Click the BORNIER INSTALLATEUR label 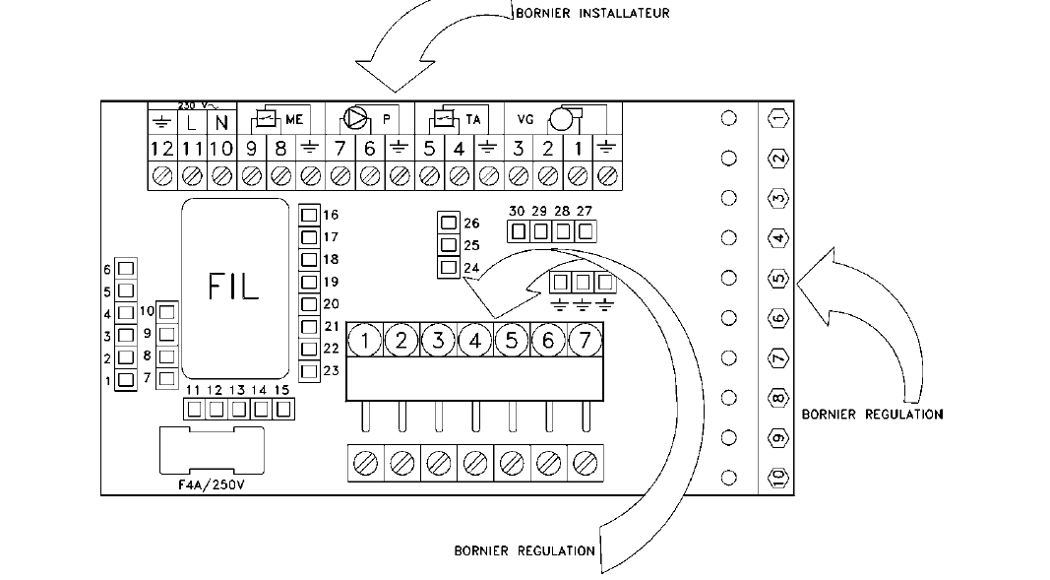pyautogui.click(x=592, y=13)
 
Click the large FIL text pyautogui.click(x=233, y=286)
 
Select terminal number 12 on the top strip pyautogui.click(x=162, y=149)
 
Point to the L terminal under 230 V pyautogui.click(x=192, y=123)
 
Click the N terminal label pyautogui.click(x=221, y=123)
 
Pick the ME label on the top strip pyautogui.click(x=294, y=119)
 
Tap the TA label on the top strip pyautogui.click(x=473, y=119)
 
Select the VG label pyautogui.click(x=525, y=119)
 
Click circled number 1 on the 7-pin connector pyautogui.click(x=365, y=341)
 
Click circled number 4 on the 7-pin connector pyautogui.click(x=474, y=341)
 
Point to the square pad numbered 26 pyautogui.click(x=449, y=223)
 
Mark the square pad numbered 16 pyautogui.click(x=309, y=214)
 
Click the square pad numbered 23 pyautogui.click(x=309, y=371)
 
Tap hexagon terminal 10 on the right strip pyautogui.click(x=777, y=479)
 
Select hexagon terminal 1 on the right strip pyautogui.click(x=777, y=118)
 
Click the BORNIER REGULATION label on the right pyautogui.click(x=872, y=414)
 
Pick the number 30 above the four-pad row pyautogui.click(x=517, y=212)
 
